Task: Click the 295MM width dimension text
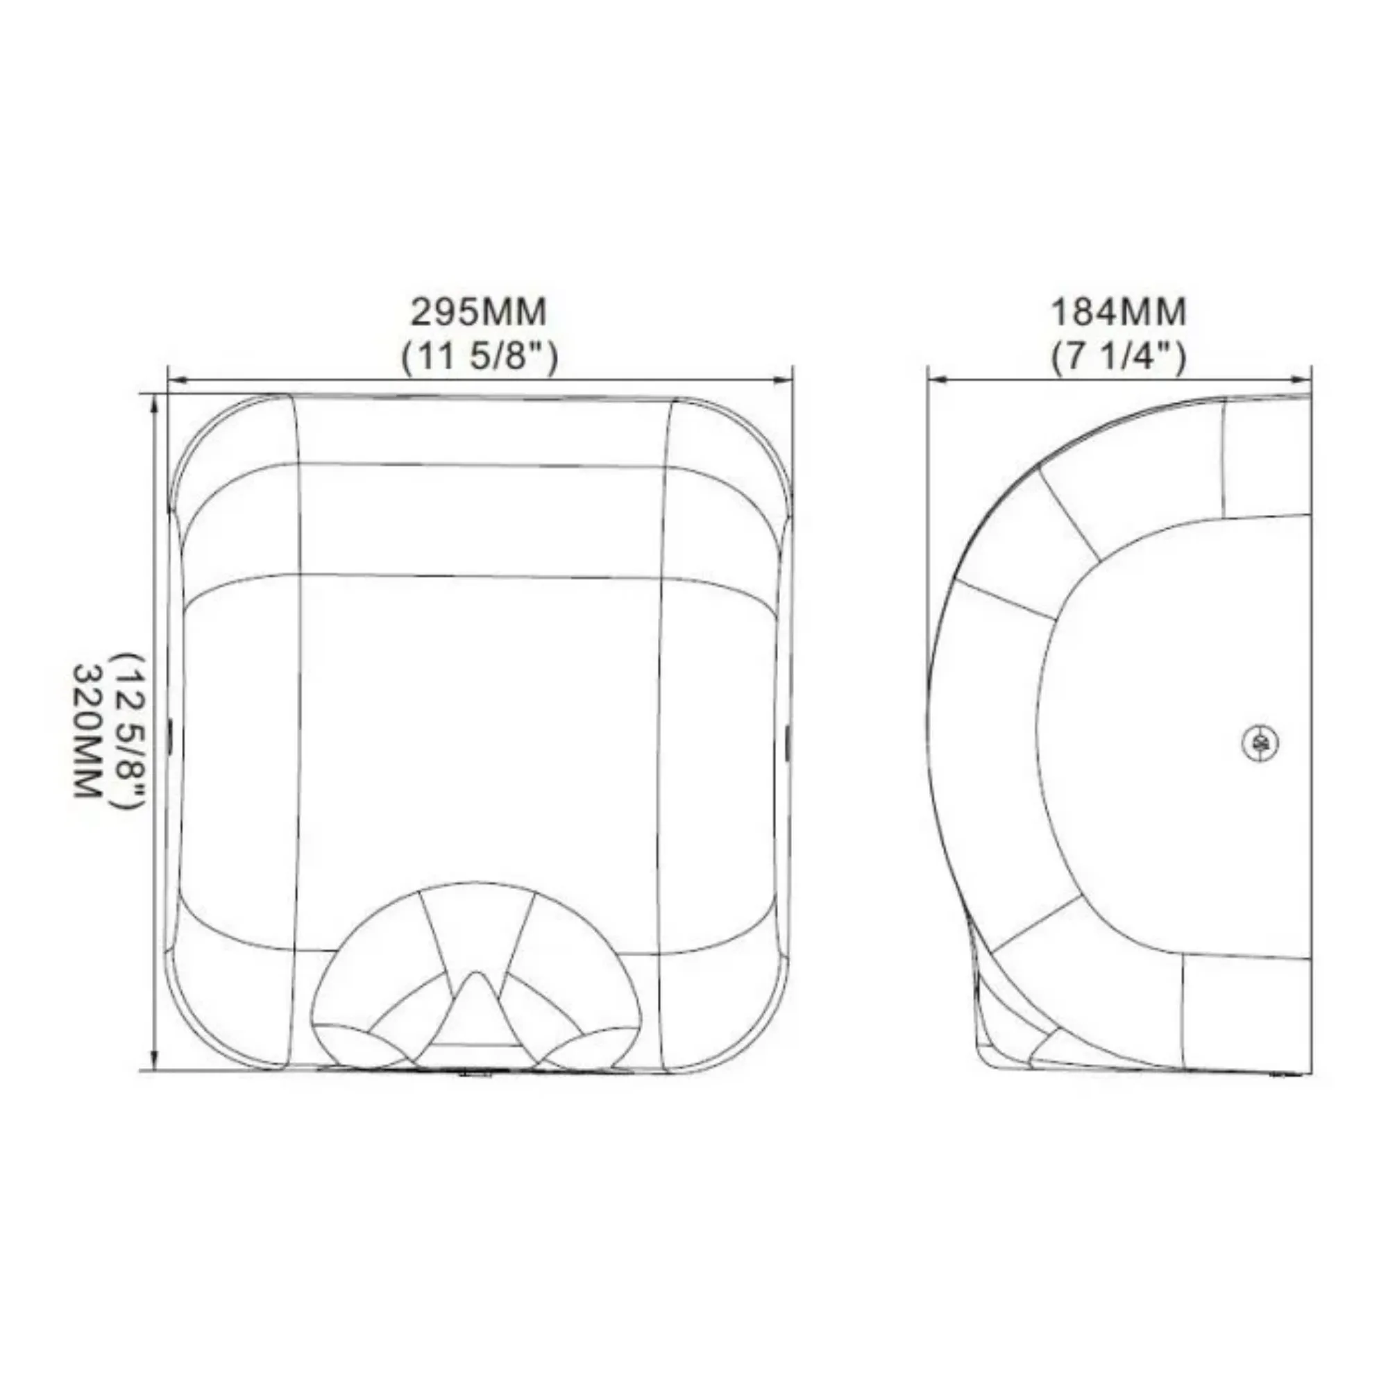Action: pos(478,312)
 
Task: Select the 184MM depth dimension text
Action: pos(1119,312)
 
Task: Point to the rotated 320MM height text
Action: pos(85,730)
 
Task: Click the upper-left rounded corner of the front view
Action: pos(205,431)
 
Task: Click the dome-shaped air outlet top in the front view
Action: pos(475,891)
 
